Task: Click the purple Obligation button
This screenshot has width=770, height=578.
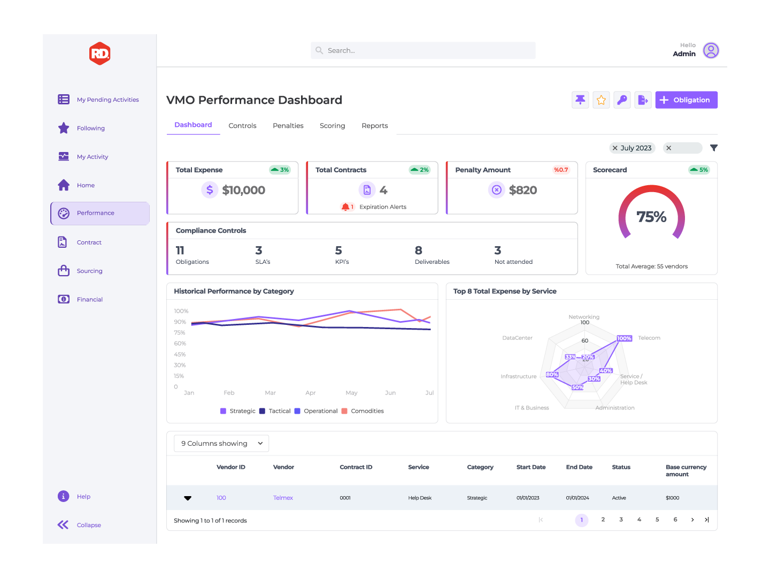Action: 686,100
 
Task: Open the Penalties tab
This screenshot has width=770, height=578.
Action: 288,126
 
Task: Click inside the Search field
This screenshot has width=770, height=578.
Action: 422,50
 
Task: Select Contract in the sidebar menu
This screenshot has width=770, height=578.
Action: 89,242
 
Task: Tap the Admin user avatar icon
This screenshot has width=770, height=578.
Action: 711,50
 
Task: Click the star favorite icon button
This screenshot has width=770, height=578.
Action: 601,100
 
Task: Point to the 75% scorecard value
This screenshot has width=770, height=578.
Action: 651,217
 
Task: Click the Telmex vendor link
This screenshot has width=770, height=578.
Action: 283,498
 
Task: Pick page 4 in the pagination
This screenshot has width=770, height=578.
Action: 639,520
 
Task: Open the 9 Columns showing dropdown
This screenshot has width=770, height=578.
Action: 221,443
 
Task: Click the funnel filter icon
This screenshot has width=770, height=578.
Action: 713,148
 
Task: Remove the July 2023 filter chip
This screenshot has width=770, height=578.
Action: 615,148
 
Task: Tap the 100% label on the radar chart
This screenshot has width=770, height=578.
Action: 624,338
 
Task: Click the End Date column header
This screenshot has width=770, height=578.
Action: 579,467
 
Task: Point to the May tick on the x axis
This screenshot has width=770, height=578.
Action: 351,393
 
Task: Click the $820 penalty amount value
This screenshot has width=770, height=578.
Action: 522,190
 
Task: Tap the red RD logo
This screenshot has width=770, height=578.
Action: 100,54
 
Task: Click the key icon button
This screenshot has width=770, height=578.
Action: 622,100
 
